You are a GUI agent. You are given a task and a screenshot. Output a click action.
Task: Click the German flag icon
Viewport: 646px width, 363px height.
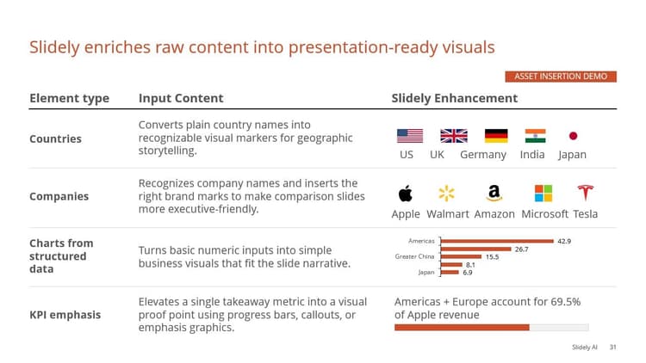pyautogui.click(x=496, y=136)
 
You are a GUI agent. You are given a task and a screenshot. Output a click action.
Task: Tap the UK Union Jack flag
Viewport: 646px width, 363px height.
pyautogui.click(x=453, y=136)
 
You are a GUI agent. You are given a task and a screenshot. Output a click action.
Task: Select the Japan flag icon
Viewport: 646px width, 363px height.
pyautogui.click(x=573, y=136)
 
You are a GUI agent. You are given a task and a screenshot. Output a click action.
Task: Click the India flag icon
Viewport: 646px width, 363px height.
pyautogui.click(x=535, y=136)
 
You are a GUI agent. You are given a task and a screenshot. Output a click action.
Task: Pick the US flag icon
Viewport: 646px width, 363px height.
pyautogui.click(x=410, y=136)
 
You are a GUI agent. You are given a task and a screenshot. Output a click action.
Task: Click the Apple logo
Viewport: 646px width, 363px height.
pyautogui.click(x=406, y=193)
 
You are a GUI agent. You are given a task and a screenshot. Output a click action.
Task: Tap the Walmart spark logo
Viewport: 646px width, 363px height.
pyautogui.click(x=447, y=193)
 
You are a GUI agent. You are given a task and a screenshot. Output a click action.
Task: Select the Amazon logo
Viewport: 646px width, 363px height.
pyautogui.click(x=494, y=193)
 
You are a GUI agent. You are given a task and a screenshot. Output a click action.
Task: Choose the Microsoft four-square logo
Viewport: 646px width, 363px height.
pyautogui.click(x=544, y=193)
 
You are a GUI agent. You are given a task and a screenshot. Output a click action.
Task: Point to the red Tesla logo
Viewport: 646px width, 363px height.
pyautogui.click(x=586, y=193)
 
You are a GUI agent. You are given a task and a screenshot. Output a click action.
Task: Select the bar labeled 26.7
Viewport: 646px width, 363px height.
pyautogui.click(x=476, y=249)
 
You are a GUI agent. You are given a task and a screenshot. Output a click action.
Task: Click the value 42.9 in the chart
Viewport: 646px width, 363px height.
pyautogui.click(x=564, y=241)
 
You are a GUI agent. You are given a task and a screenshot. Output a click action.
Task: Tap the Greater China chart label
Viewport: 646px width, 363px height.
pyautogui.click(x=415, y=256)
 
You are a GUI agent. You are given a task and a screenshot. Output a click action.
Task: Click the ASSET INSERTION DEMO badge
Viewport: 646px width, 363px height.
pyautogui.click(x=561, y=77)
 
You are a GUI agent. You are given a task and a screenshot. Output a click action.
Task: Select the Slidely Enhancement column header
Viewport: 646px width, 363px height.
pyautogui.click(x=454, y=98)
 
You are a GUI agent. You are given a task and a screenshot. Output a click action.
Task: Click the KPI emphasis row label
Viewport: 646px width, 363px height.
pyautogui.click(x=65, y=315)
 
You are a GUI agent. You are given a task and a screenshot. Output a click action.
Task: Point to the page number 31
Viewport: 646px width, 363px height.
pyautogui.click(x=612, y=348)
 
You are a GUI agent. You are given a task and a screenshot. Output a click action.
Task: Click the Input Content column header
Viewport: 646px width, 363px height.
pyautogui.click(x=181, y=98)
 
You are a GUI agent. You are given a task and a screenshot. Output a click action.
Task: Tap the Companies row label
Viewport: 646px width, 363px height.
pyautogui.click(x=59, y=196)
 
